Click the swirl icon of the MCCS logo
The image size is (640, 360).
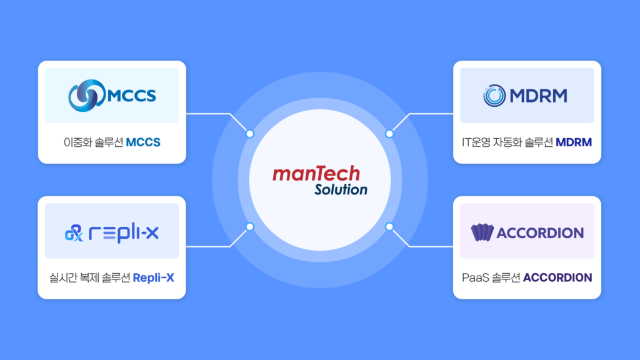click(x=86, y=96)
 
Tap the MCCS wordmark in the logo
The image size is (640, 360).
click(x=131, y=96)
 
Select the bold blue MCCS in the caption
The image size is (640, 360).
click(x=143, y=142)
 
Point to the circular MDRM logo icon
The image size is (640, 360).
click(x=494, y=96)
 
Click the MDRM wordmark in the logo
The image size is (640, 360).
click(x=538, y=96)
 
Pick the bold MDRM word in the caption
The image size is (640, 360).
click(x=574, y=142)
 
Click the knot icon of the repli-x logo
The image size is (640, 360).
click(x=74, y=233)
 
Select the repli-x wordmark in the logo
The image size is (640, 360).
click(x=124, y=233)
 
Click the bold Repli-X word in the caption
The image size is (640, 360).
click(x=154, y=278)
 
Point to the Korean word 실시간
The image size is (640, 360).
click(x=62, y=278)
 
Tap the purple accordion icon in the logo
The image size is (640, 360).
click(x=482, y=232)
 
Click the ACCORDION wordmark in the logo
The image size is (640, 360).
click(x=540, y=233)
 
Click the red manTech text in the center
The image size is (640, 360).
click(x=316, y=174)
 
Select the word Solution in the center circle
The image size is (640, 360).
click(x=341, y=189)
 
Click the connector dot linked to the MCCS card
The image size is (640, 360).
click(x=250, y=134)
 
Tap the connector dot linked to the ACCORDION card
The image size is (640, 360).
click(x=389, y=226)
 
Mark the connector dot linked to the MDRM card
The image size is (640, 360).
click(x=389, y=134)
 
